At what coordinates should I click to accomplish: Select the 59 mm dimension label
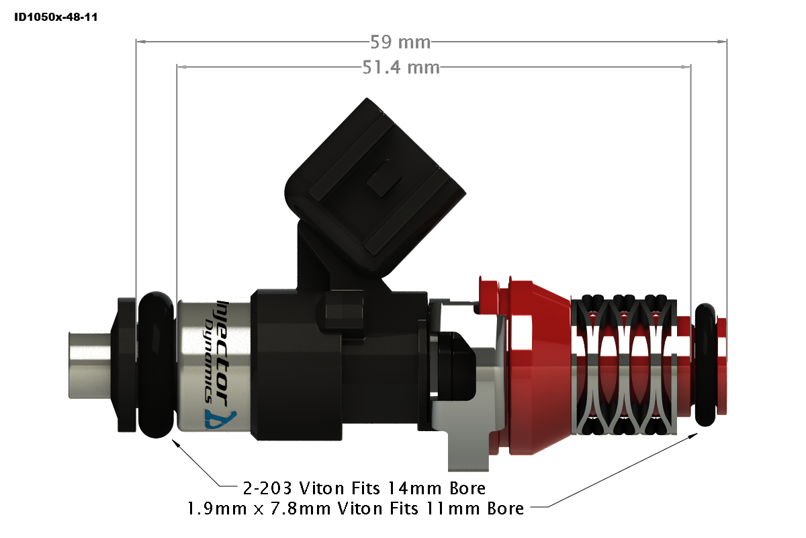coord(400,42)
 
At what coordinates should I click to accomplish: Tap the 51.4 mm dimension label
coord(401,67)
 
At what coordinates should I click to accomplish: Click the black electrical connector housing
coord(376,182)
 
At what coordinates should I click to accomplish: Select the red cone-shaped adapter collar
coord(537,363)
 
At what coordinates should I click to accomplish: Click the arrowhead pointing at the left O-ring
coord(176,442)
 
